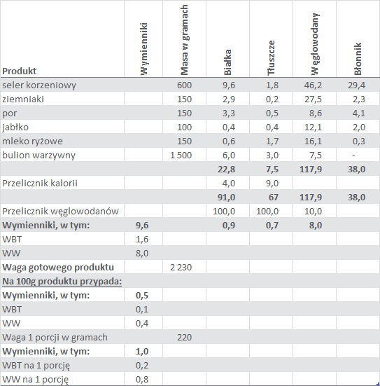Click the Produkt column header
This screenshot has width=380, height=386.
(x=20, y=71)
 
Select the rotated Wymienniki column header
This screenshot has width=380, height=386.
(x=144, y=49)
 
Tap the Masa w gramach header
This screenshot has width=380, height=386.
(x=184, y=40)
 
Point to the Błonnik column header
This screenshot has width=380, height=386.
(x=358, y=59)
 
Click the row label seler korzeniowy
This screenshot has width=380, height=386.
(x=39, y=85)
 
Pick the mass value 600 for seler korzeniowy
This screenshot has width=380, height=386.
(x=184, y=85)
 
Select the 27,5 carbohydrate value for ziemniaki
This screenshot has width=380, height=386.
(x=313, y=99)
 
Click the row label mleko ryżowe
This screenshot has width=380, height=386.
(x=32, y=142)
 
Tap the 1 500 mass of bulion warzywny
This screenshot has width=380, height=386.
(x=181, y=156)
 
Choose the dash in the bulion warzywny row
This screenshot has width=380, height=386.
(x=353, y=156)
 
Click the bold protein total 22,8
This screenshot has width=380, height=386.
(x=226, y=170)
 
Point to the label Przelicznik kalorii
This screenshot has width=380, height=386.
(x=40, y=183)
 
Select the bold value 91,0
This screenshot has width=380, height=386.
(x=226, y=198)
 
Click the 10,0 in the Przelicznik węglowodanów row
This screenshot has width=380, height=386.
(x=313, y=212)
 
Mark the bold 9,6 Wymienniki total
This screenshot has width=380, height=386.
(x=142, y=226)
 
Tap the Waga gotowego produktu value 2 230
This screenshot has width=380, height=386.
(x=181, y=268)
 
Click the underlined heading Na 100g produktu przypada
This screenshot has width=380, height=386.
(x=62, y=282)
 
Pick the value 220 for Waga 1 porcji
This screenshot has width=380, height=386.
(x=184, y=338)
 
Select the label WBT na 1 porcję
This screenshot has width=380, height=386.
(x=36, y=366)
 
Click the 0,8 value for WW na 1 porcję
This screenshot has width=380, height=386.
(x=142, y=380)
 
